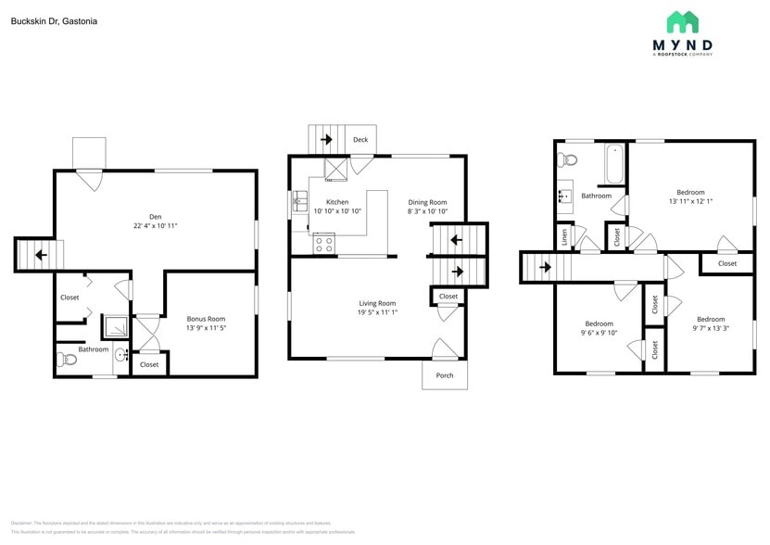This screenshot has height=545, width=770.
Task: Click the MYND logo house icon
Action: pos(683,23)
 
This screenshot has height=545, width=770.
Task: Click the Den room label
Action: pos(156,217)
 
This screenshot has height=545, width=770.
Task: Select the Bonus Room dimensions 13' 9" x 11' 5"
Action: pos(206,328)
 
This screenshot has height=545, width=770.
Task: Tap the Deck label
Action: pos(360,140)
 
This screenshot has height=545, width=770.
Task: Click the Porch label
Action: pos(445,375)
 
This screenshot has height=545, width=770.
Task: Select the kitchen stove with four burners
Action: pos(324,245)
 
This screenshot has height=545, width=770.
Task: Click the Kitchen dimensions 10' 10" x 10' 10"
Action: pos(337,211)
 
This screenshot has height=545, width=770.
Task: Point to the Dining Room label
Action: pos(427,202)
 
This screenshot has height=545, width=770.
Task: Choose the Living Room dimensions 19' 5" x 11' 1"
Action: pos(377,313)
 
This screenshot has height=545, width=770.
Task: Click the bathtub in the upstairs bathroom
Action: pos(613,166)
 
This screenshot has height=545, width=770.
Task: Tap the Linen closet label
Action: pos(564,238)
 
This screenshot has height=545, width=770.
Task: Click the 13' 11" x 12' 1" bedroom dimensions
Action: pos(690,201)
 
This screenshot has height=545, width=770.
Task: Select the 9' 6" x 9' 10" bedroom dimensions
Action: pos(597,333)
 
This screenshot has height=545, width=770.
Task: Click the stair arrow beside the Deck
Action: pos(326,140)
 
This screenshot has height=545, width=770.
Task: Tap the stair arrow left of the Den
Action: pos(40,255)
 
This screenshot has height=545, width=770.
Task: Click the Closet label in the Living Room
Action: pos(448,297)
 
